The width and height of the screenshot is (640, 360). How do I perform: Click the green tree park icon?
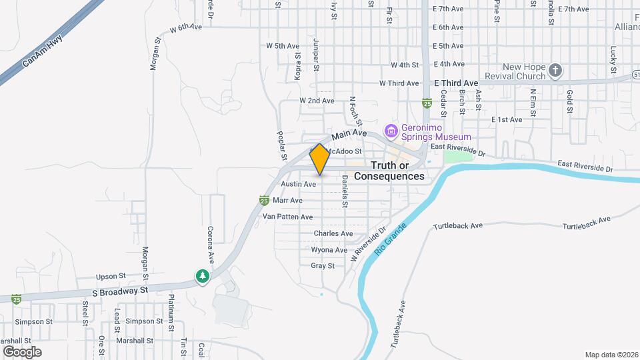202,276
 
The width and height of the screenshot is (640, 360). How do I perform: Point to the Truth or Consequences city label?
389,171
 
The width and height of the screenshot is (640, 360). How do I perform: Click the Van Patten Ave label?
287,217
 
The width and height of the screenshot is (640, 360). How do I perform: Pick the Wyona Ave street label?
329,250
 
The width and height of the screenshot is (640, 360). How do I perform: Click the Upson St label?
111,276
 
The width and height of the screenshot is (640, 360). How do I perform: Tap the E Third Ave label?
457,83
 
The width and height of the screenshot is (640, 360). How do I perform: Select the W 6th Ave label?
185,28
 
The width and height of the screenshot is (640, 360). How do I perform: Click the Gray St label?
322,265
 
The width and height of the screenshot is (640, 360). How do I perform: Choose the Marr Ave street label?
288,200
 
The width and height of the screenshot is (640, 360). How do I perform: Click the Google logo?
23,351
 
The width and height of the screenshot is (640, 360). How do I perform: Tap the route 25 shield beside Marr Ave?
265,200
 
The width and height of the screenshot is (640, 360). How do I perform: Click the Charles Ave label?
333,233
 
